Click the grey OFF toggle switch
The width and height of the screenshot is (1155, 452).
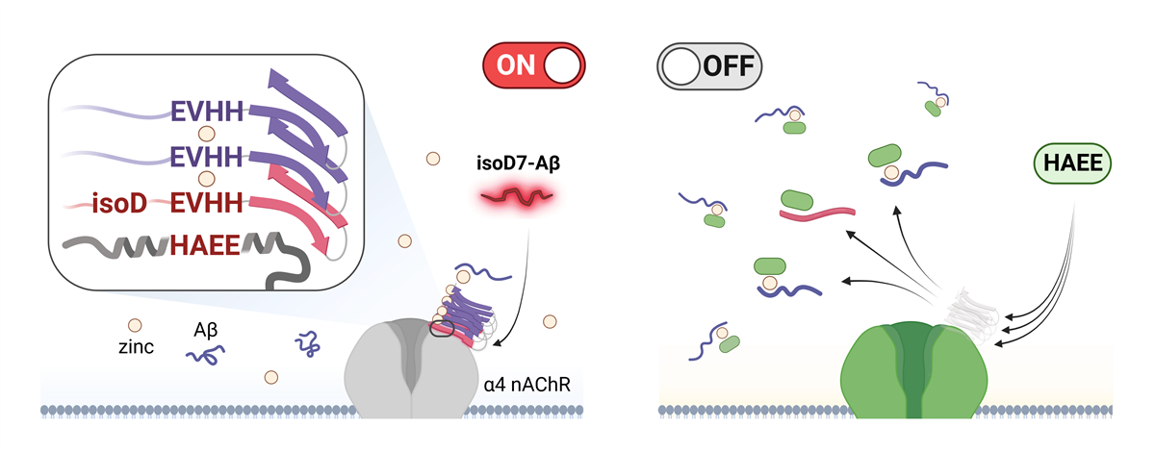[708, 66]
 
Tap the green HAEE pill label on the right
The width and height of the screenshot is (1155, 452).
[1072, 163]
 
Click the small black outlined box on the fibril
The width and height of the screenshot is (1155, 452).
[442, 331]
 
